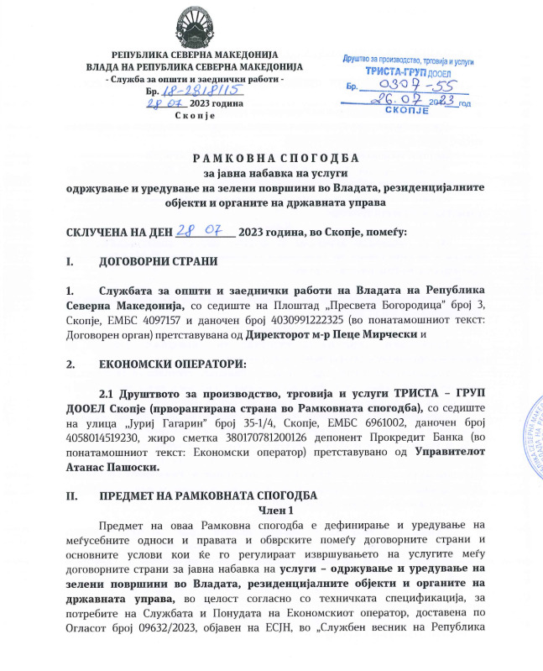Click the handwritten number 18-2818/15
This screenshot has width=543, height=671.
coord(196,90)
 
